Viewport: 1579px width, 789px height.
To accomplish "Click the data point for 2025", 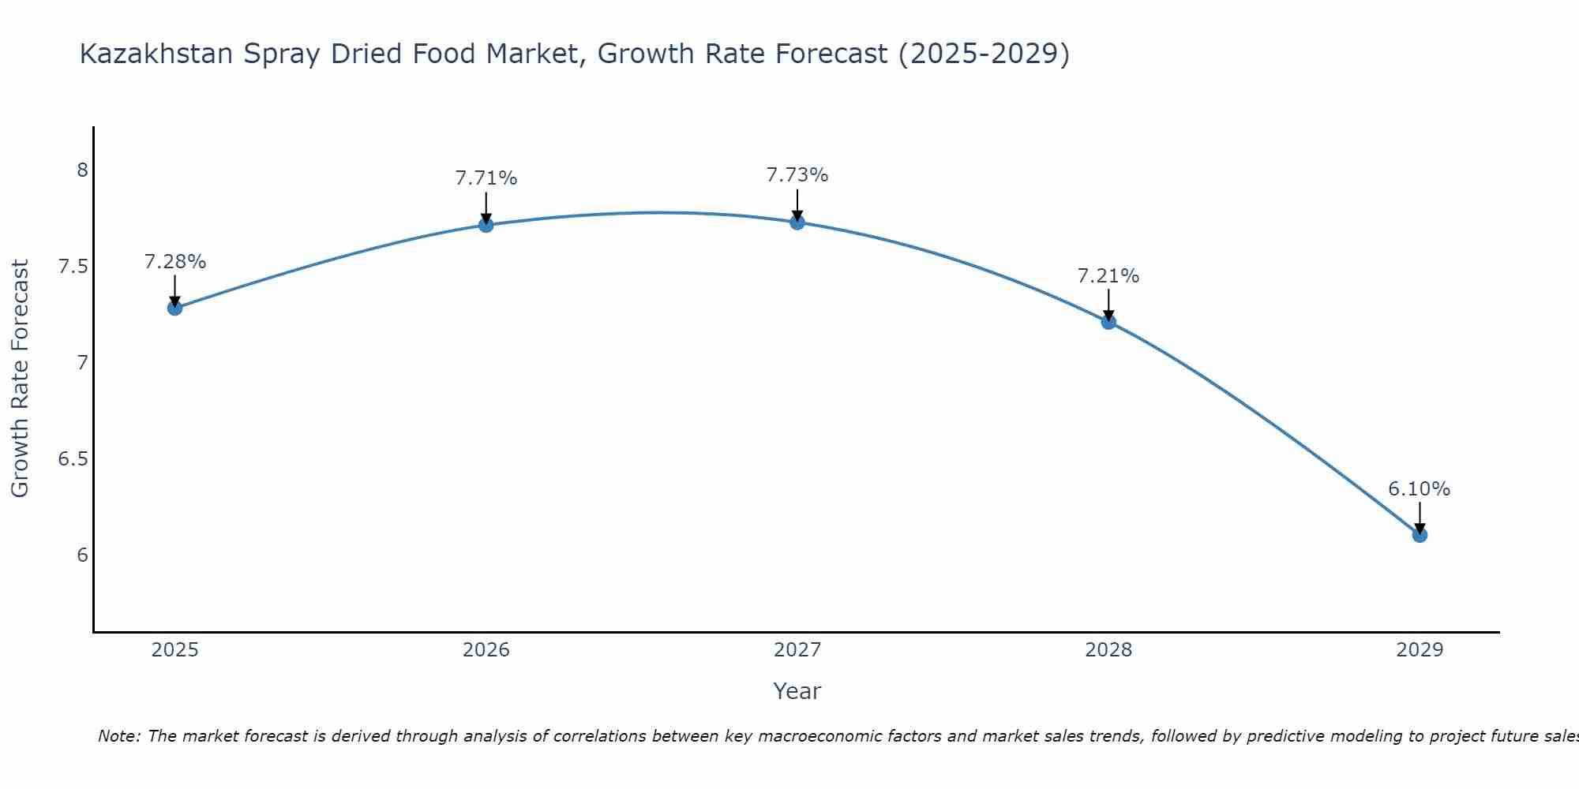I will point(175,308).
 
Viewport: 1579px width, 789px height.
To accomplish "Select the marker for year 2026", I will point(486,225).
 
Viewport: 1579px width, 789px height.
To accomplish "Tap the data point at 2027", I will point(797,222).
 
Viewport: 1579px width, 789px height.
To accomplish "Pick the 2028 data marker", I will point(1108,321).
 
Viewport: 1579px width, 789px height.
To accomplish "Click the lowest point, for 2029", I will point(1420,535).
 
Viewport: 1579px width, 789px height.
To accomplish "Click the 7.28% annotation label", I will point(175,262).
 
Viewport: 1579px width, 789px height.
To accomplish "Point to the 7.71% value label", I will point(486,178).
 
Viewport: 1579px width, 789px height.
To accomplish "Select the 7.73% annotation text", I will point(797,175).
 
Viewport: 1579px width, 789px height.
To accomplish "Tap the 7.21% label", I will point(1108,276).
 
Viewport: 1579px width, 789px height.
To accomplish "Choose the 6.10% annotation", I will point(1420,489).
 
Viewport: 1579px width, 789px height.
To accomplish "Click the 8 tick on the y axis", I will point(82,170).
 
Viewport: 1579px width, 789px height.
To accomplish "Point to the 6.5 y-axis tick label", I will point(73,459).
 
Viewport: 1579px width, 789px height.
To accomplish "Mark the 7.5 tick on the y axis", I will point(73,267).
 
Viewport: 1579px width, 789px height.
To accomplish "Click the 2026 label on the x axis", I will point(486,650).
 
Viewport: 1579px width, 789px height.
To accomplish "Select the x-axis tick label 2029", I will point(1420,650).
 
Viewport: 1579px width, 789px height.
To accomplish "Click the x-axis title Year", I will point(797,691).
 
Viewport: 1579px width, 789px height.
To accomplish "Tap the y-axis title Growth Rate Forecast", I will point(21,379).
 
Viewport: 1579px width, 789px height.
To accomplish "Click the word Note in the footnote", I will point(118,736).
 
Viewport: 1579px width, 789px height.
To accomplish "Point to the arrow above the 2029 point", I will point(1420,518).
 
